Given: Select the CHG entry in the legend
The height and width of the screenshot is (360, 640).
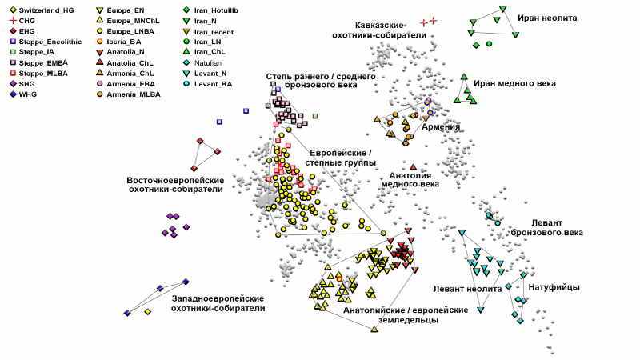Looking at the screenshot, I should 24,19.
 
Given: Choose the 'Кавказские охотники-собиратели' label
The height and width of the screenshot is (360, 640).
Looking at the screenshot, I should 378,30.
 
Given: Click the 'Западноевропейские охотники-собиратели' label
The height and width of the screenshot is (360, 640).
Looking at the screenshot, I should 218,302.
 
